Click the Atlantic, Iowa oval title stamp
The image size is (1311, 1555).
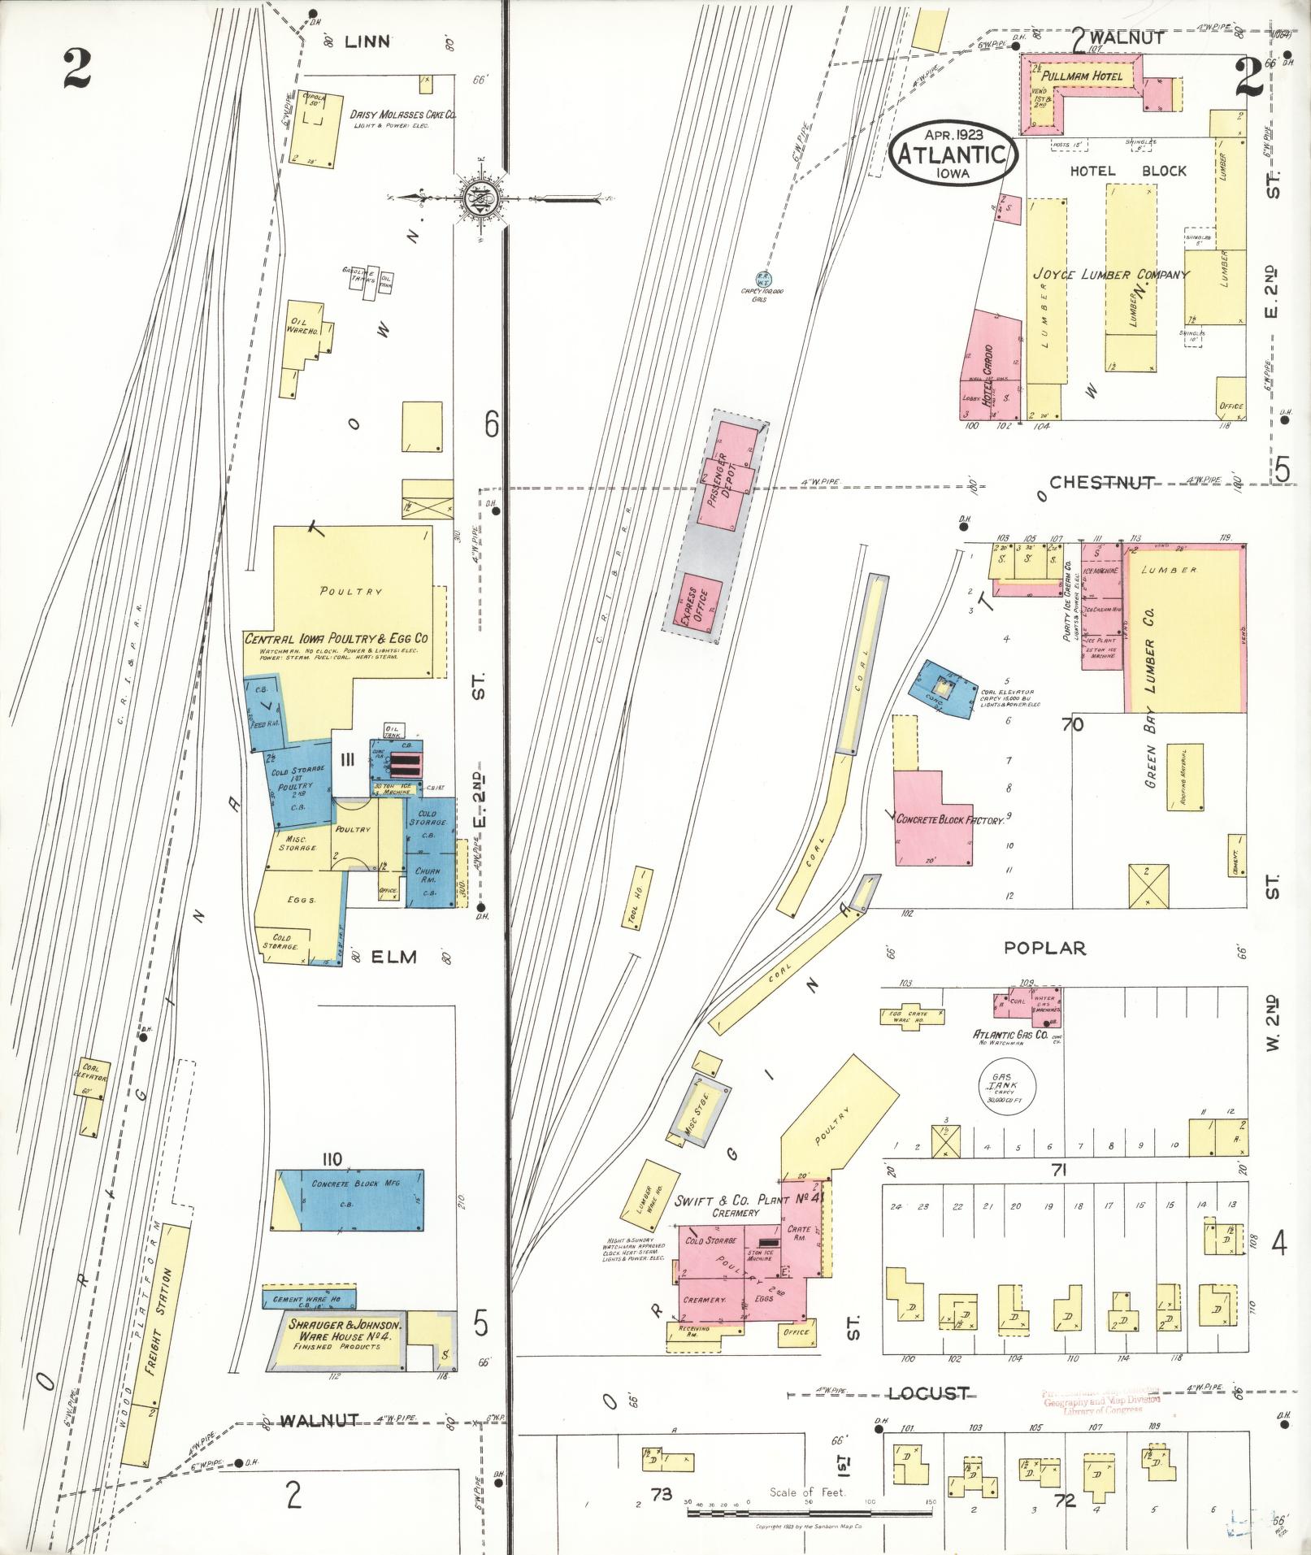click(x=953, y=154)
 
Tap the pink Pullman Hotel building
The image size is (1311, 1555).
click(x=1081, y=77)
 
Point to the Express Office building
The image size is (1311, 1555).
click(x=696, y=602)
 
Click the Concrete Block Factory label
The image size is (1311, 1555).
click(x=950, y=820)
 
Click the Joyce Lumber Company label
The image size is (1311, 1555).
click(x=1110, y=276)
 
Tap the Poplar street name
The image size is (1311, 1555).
click(x=1044, y=948)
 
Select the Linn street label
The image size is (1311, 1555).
click(x=367, y=41)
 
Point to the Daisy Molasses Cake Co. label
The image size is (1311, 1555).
click(x=402, y=115)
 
